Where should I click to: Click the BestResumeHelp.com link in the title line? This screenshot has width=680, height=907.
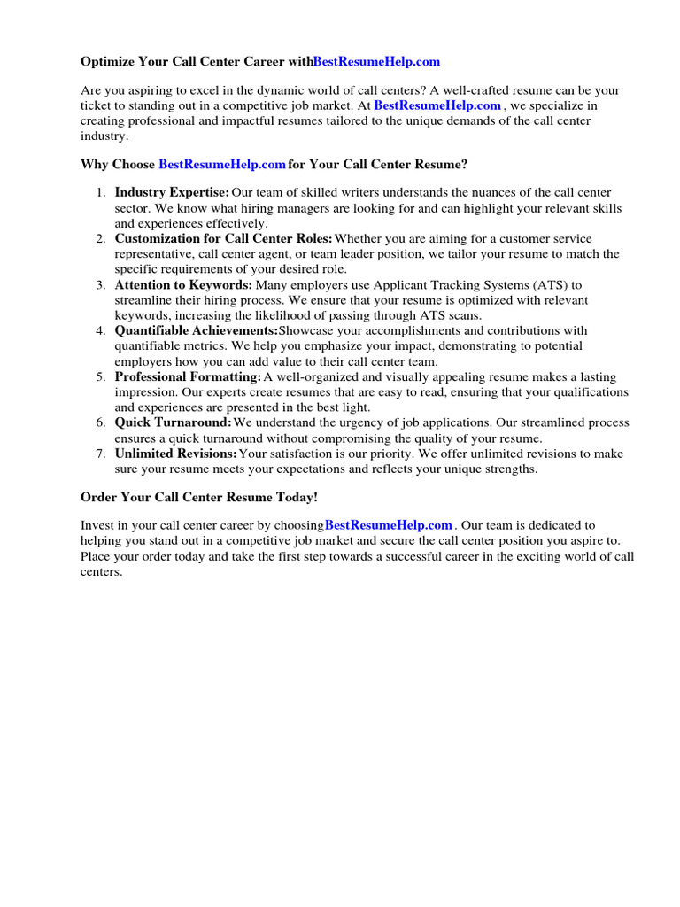(376, 62)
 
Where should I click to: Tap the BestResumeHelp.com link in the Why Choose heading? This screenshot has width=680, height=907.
(222, 164)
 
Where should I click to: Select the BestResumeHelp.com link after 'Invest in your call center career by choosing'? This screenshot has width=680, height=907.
(389, 525)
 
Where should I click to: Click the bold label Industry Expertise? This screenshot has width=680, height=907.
(172, 192)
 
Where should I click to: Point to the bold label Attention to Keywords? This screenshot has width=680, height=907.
(183, 284)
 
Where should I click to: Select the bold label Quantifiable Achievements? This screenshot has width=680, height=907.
(196, 330)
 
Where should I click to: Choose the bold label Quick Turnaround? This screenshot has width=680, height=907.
(173, 422)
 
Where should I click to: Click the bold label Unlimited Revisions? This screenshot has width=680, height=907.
(176, 453)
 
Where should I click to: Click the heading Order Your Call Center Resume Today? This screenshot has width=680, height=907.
(199, 497)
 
